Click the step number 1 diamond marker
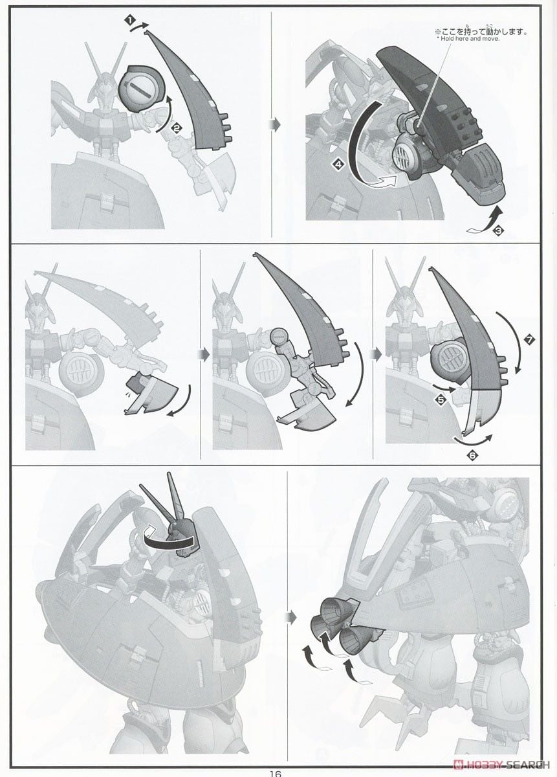[130, 21]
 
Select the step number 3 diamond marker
[499, 231]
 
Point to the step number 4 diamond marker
[339, 165]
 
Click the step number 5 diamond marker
[441, 400]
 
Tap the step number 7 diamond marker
[529, 341]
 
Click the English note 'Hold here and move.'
[468, 39]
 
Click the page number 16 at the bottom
[276, 774]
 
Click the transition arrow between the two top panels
[275, 124]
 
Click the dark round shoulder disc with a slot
[143, 88]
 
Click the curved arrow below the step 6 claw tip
[473, 440]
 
